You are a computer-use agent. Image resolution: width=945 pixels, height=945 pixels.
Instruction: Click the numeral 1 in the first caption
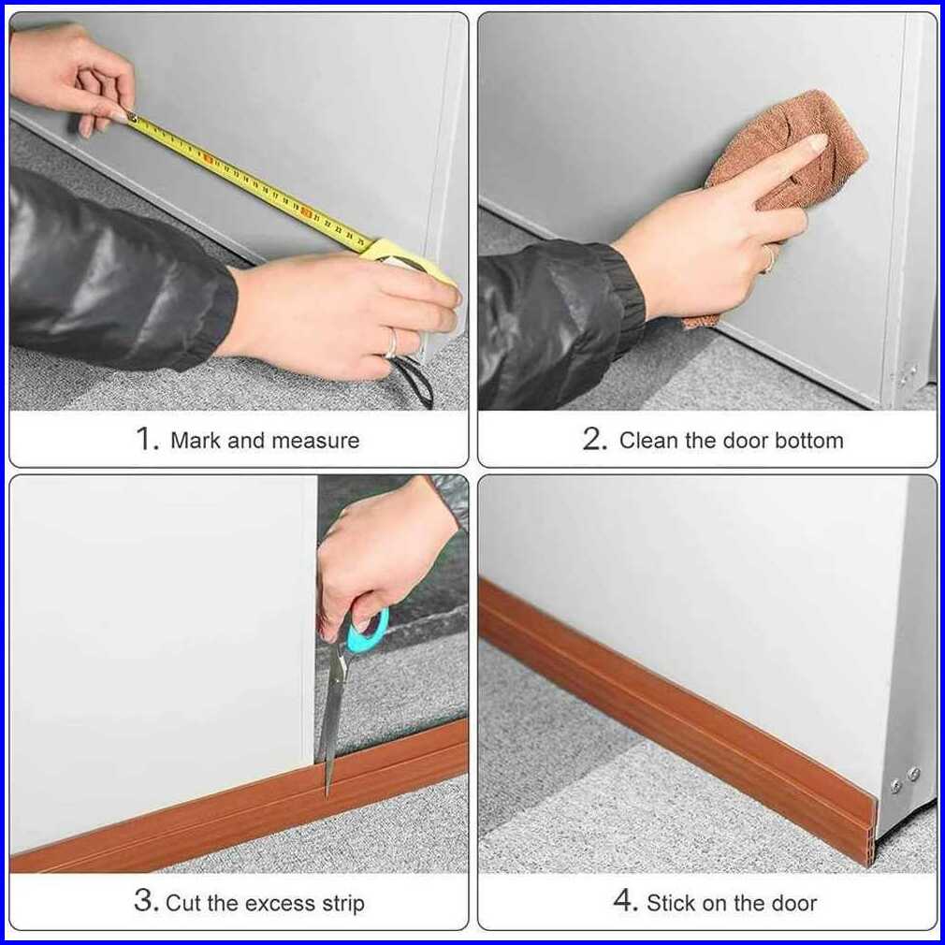[x=145, y=439]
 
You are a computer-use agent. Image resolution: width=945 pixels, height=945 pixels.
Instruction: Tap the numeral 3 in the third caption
[x=144, y=901]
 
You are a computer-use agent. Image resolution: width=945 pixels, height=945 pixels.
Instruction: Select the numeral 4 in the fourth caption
[x=625, y=900]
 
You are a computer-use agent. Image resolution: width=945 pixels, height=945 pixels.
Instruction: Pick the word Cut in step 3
[x=182, y=903]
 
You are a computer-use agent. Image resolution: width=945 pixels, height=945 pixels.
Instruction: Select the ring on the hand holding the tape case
[x=392, y=343]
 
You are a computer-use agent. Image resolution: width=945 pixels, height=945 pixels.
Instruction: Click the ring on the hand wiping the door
[x=770, y=258]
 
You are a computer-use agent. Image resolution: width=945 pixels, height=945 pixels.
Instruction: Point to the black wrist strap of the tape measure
[x=415, y=380]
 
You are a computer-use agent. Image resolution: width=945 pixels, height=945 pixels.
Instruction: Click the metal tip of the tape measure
[x=132, y=115]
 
